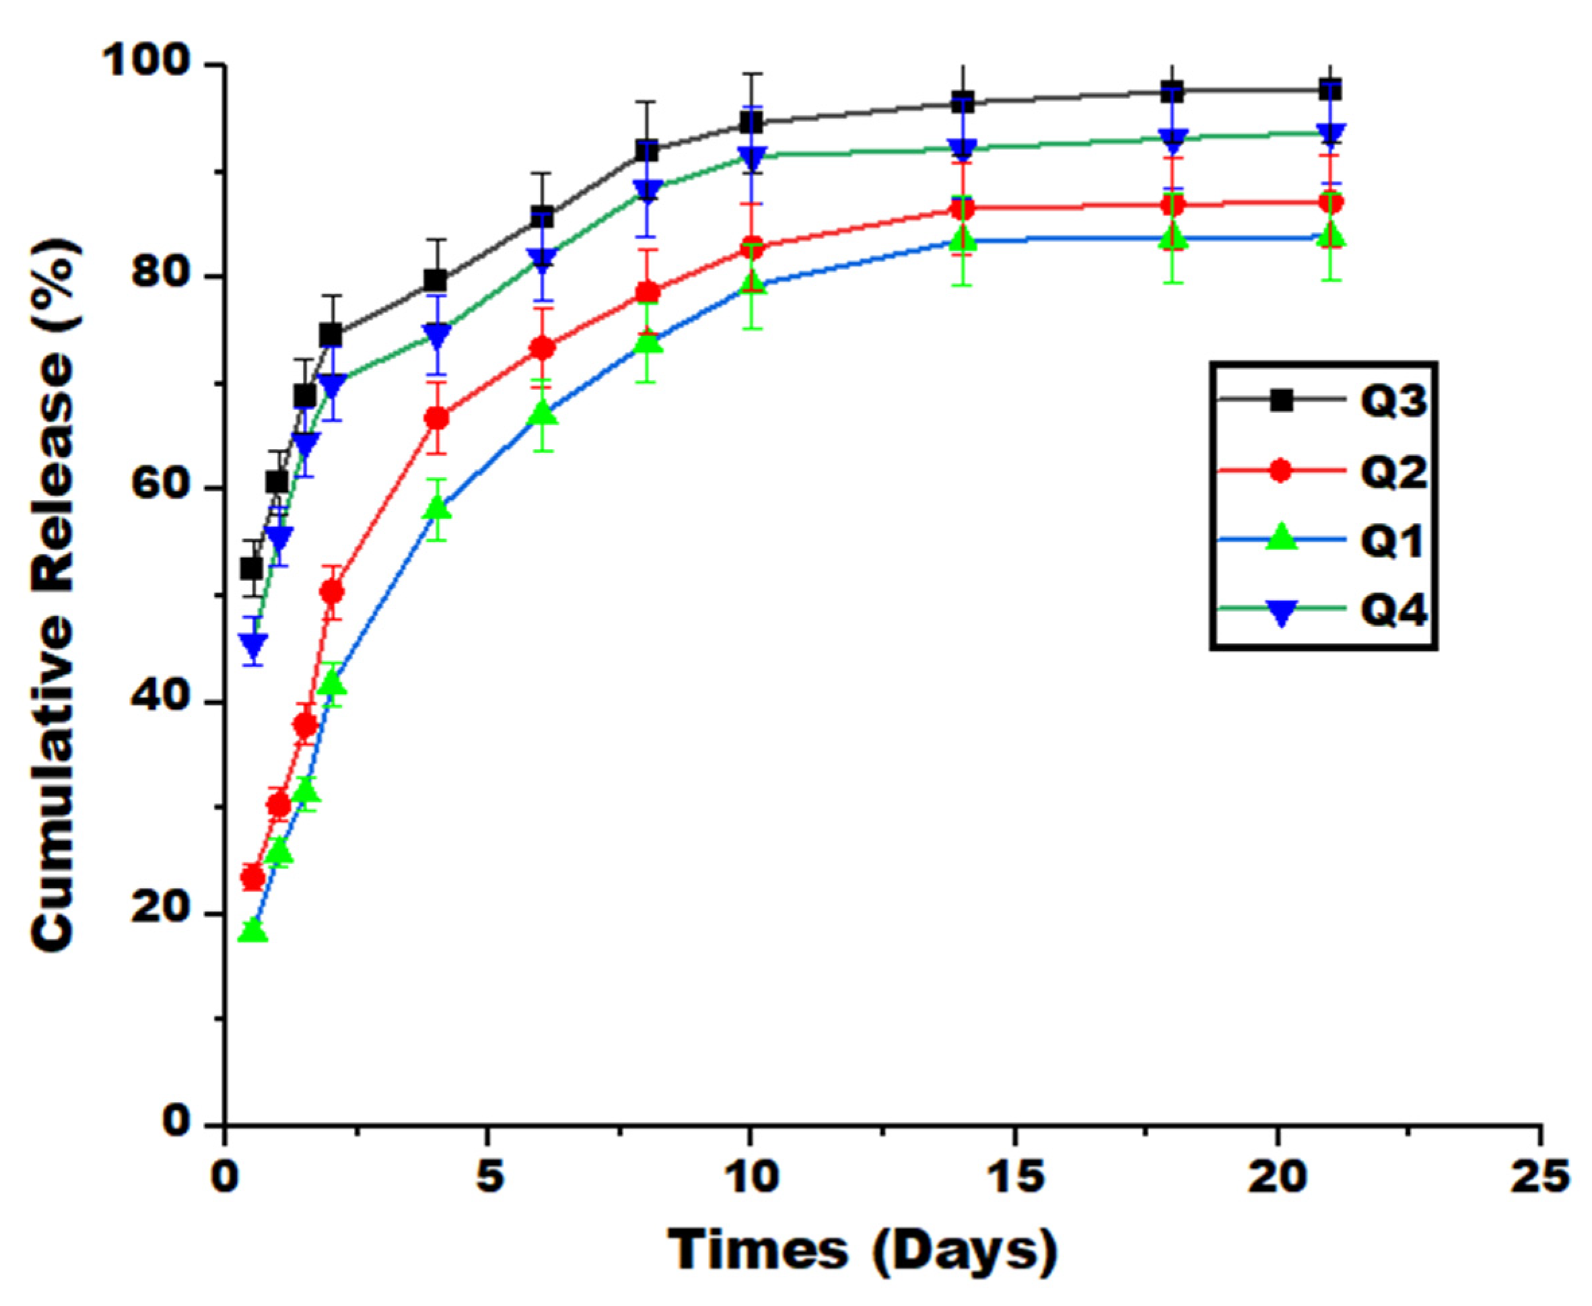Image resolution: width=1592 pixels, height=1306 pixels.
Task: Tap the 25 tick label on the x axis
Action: point(1540,1177)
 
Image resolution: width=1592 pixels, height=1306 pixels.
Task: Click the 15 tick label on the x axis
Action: point(1014,1177)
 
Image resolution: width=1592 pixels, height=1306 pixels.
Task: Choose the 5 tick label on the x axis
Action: point(488,1177)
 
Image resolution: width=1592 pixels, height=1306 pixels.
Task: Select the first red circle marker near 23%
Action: point(253,877)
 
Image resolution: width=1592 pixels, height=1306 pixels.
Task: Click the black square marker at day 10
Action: point(751,123)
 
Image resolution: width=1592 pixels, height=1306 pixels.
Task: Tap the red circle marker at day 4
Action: point(437,418)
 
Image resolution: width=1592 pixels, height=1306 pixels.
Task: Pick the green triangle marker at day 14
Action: point(963,239)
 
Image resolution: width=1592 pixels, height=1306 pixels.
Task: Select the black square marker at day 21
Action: point(1330,90)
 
